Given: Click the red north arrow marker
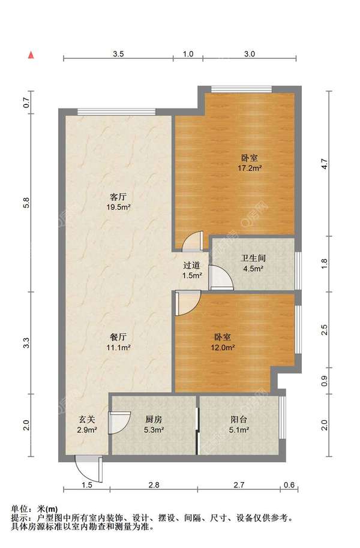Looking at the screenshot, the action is tap(31, 55).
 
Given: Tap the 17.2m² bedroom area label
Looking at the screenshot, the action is tap(250, 163).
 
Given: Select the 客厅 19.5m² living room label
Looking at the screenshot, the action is tap(118, 202).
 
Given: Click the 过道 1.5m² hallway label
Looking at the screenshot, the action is tap(192, 270).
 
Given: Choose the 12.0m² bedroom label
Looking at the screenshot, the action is tap(223, 342).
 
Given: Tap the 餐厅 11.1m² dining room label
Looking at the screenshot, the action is tap(118, 342).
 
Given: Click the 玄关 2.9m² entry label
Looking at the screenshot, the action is tap(87, 424).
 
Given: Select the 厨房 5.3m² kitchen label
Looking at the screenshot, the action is tap(154, 424).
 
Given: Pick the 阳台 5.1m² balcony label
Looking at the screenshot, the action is tap(239, 424).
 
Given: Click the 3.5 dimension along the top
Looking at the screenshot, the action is tap(118, 54).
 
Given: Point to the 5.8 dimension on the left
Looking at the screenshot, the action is tap(26, 203).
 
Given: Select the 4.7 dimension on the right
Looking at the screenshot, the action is tap(325, 164).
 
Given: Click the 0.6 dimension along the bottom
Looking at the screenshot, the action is tap(289, 484).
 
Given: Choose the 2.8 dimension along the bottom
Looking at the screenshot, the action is tap(154, 484).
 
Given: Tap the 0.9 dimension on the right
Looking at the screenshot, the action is tap(325, 381).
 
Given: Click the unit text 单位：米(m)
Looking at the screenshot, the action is tap(34, 509).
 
